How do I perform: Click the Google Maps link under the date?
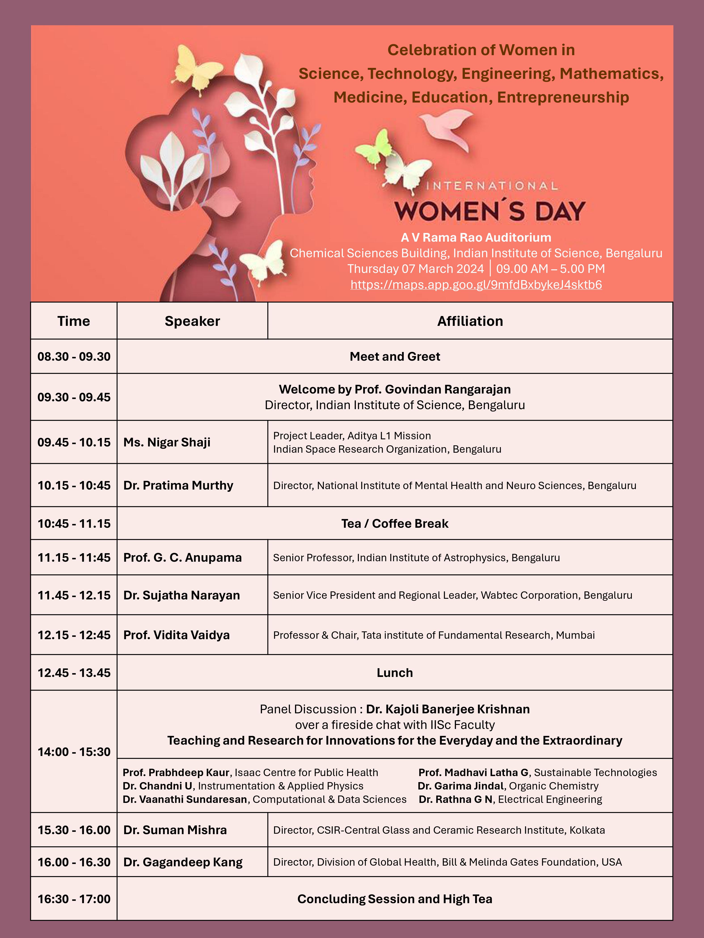pyautogui.click(x=476, y=285)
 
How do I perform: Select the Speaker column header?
pyautogui.click(x=192, y=321)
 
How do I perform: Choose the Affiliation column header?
pyautogui.click(x=470, y=321)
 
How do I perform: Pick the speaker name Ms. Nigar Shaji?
pyautogui.click(x=167, y=442)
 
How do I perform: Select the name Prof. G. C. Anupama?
pyautogui.click(x=182, y=558)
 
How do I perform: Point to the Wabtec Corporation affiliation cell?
pyautogui.click(x=452, y=595)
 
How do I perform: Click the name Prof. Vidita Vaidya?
pyautogui.click(x=177, y=635)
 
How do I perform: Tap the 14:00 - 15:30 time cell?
pyautogui.click(x=74, y=752)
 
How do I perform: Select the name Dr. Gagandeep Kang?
pyautogui.click(x=183, y=862)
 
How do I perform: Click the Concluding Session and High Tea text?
pyautogui.click(x=395, y=899)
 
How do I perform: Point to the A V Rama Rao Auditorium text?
pyautogui.click(x=476, y=237)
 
